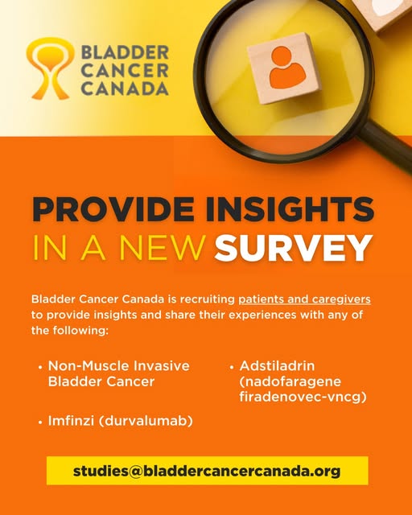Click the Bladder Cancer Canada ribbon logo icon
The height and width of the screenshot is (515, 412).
[50, 68]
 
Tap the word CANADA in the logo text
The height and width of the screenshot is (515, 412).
[125, 89]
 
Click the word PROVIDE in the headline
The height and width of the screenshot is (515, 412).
[113, 209]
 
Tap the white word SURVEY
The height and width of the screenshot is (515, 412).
[294, 248]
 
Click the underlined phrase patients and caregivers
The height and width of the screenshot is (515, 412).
[304, 299]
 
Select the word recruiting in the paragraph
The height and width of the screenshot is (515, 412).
[207, 299]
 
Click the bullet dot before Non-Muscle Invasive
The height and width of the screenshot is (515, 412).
[40, 367]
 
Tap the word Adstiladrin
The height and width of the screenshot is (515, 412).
[277, 365]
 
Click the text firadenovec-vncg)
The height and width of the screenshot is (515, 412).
[303, 397]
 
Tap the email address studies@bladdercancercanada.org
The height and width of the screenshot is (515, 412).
[207, 471]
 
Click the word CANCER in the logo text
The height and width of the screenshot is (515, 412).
[125, 70]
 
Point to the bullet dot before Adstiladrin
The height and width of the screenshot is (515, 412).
[232, 367]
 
